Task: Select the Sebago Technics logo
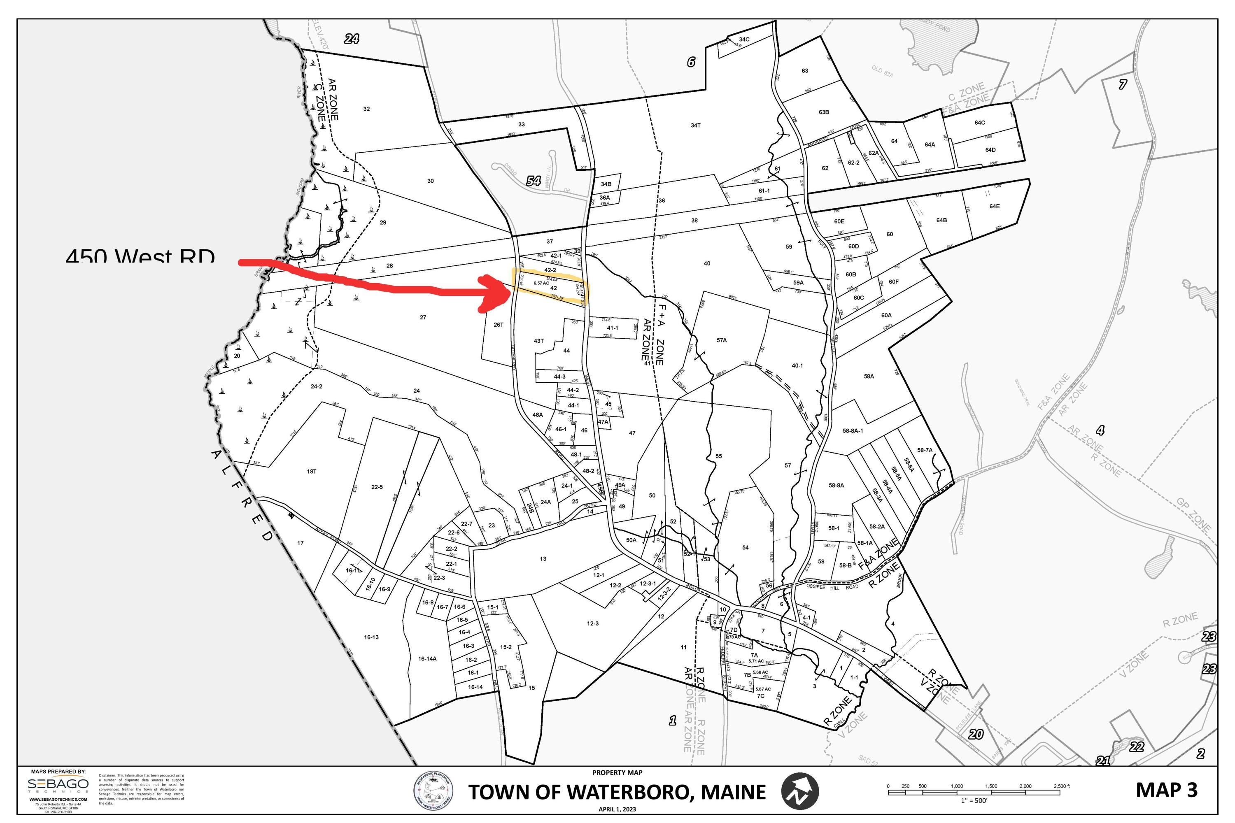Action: [58, 785]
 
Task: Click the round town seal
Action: [433, 791]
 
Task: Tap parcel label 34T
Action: [695, 126]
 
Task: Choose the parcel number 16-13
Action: [371, 637]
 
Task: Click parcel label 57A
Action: [722, 340]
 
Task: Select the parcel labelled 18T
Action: [311, 471]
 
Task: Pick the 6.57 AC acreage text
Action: [541, 283]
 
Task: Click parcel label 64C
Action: [979, 123]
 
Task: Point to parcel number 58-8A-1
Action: [853, 431]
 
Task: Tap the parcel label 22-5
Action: [377, 487]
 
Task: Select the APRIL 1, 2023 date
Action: [617, 809]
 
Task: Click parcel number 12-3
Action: [592, 623]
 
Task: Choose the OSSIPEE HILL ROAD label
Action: [832, 587]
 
